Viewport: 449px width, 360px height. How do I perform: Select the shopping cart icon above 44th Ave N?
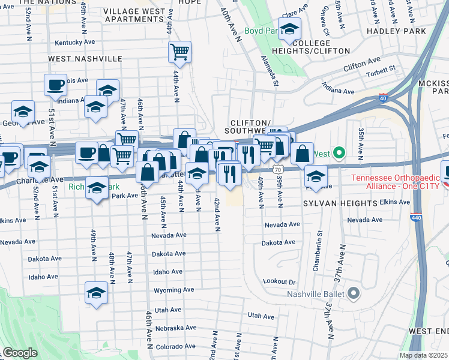click(179, 52)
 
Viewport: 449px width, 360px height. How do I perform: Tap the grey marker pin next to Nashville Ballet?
click(353, 293)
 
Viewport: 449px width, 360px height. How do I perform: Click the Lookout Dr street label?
click(280, 281)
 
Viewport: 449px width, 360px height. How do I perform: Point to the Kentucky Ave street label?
click(75, 43)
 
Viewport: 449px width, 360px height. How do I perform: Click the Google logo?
click(20, 352)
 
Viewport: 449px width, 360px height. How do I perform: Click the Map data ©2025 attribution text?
click(423, 355)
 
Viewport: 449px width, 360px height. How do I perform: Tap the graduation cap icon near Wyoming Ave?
click(95, 293)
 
